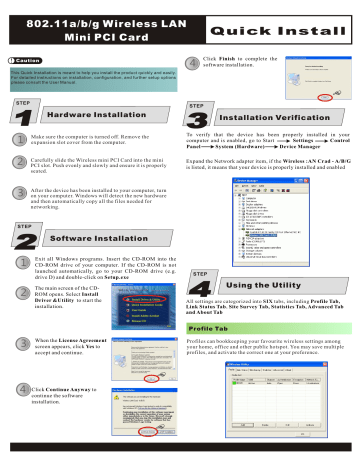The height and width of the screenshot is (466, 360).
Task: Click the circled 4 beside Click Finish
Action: pyautogui.click(x=194, y=61)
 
